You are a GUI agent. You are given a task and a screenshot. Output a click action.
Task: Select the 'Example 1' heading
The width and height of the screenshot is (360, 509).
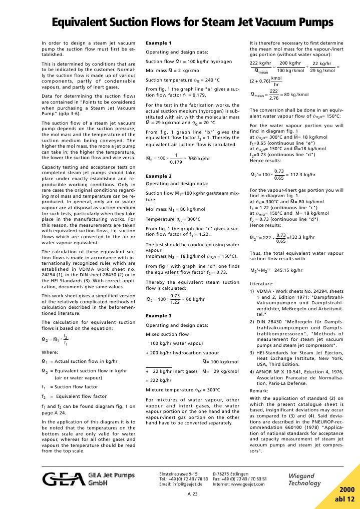(x=158, y=43)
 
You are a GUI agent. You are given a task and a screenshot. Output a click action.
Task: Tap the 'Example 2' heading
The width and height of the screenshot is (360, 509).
(x=158, y=177)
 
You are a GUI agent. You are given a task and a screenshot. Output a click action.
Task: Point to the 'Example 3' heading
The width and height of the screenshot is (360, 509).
(x=158, y=316)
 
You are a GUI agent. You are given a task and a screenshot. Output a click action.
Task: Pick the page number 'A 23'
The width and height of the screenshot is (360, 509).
(x=193, y=494)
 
